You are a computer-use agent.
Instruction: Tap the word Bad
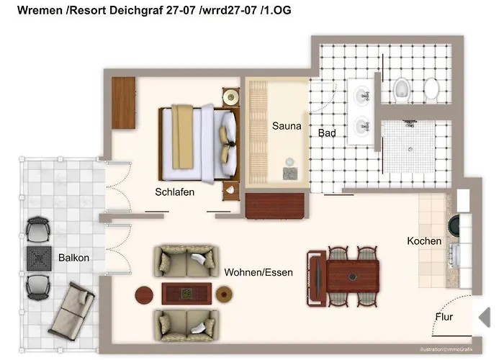click(x=327, y=133)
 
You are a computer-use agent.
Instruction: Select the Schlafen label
click(x=175, y=192)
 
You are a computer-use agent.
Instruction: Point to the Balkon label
click(x=74, y=257)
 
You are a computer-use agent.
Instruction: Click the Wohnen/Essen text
click(x=258, y=273)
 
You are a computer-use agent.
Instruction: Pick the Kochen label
click(x=424, y=241)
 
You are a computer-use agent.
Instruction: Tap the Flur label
click(x=444, y=317)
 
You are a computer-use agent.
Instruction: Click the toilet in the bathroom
click(x=402, y=89)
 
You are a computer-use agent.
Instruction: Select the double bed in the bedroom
click(x=198, y=143)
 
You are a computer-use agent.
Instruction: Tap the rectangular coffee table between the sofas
click(x=186, y=293)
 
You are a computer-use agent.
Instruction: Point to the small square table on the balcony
click(x=37, y=258)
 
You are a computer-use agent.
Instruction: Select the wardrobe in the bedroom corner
click(x=124, y=103)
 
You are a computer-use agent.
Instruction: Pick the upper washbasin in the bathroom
click(x=362, y=94)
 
